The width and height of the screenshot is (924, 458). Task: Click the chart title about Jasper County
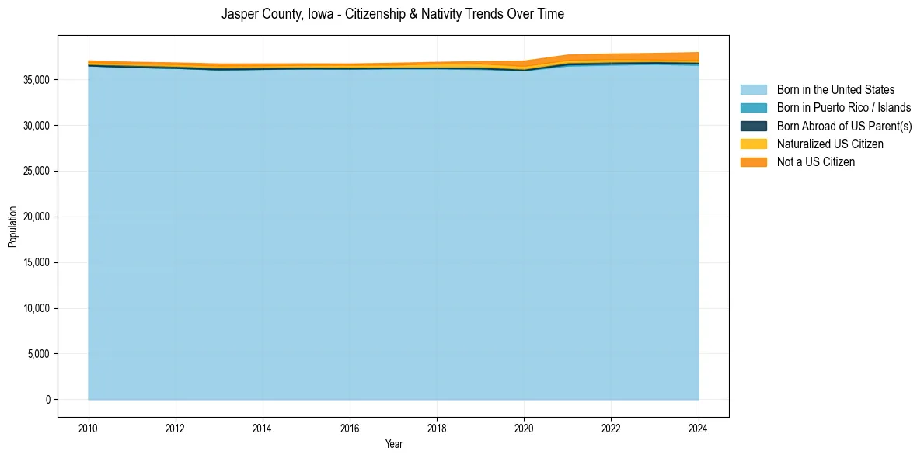pos(392,14)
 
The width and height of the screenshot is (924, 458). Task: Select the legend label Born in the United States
pos(835,90)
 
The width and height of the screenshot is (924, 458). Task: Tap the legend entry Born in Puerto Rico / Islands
pos(844,108)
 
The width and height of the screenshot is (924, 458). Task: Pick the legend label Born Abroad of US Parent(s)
pos(844,126)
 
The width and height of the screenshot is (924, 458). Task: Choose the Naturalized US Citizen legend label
pos(830,144)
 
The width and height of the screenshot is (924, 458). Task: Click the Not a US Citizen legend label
pos(816,162)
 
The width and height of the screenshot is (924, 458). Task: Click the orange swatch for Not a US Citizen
pos(753,162)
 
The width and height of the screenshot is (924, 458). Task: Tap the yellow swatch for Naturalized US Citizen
pos(753,144)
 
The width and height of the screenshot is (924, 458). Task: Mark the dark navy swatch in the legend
pos(753,126)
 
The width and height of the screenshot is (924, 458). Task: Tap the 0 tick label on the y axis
pos(47,400)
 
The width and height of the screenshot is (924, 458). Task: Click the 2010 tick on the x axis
pos(89,427)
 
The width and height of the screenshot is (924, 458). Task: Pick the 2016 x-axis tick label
pos(350,427)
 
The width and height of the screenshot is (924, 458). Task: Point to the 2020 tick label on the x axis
pos(524,427)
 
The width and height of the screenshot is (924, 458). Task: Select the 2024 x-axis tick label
pos(698,427)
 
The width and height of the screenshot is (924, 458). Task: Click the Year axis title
pos(393,444)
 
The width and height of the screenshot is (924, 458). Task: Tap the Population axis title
pos(12,227)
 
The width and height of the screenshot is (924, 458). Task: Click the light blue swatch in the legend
pos(753,90)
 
